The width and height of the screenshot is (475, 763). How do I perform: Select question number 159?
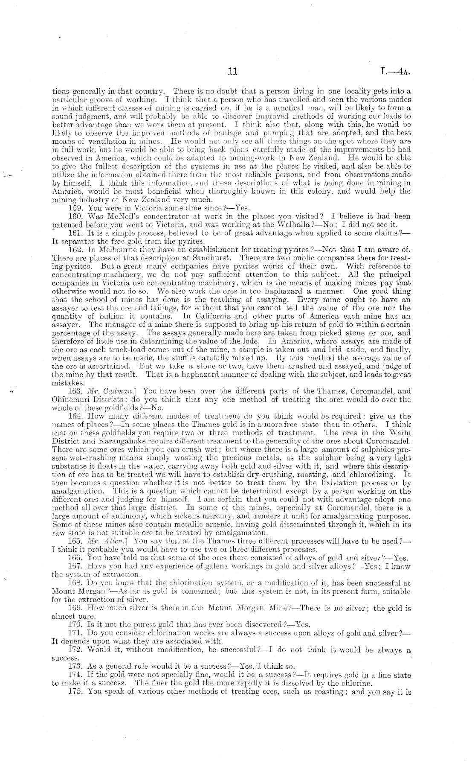(x=75, y=208)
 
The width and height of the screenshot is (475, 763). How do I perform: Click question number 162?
(x=75, y=250)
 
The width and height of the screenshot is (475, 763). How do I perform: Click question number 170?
(x=75, y=625)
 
